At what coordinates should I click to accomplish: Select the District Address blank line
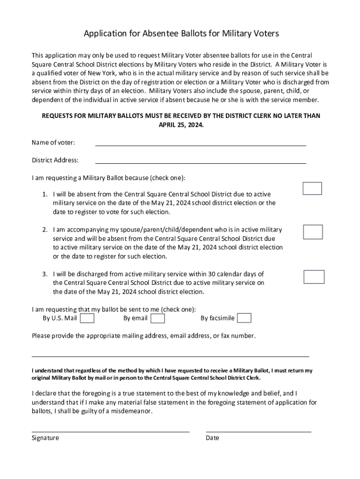[x=201, y=162]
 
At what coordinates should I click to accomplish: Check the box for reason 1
[x=312, y=188]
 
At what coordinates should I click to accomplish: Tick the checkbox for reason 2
[x=313, y=232]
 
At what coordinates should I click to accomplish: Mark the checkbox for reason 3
[x=314, y=276]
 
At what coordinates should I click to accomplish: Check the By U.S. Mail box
[x=87, y=319]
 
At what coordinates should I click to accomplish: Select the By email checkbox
[x=158, y=319]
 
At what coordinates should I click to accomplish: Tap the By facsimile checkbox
[x=244, y=319]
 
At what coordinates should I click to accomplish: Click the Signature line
[x=110, y=431]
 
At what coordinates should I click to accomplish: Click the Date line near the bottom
[x=259, y=431]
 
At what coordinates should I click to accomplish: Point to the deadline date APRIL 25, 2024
[x=181, y=125]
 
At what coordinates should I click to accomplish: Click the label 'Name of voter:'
[x=53, y=142]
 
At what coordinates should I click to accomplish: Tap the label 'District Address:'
[x=55, y=160]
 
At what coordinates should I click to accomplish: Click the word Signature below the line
[x=45, y=438]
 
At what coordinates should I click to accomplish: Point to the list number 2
[x=45, y=230]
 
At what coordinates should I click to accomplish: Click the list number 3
[x=45, y=274]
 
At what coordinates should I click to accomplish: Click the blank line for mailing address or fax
[x=170, y=356]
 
